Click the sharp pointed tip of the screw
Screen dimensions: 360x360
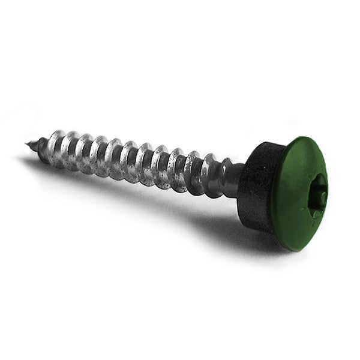28,143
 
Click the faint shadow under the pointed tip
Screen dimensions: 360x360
30,160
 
